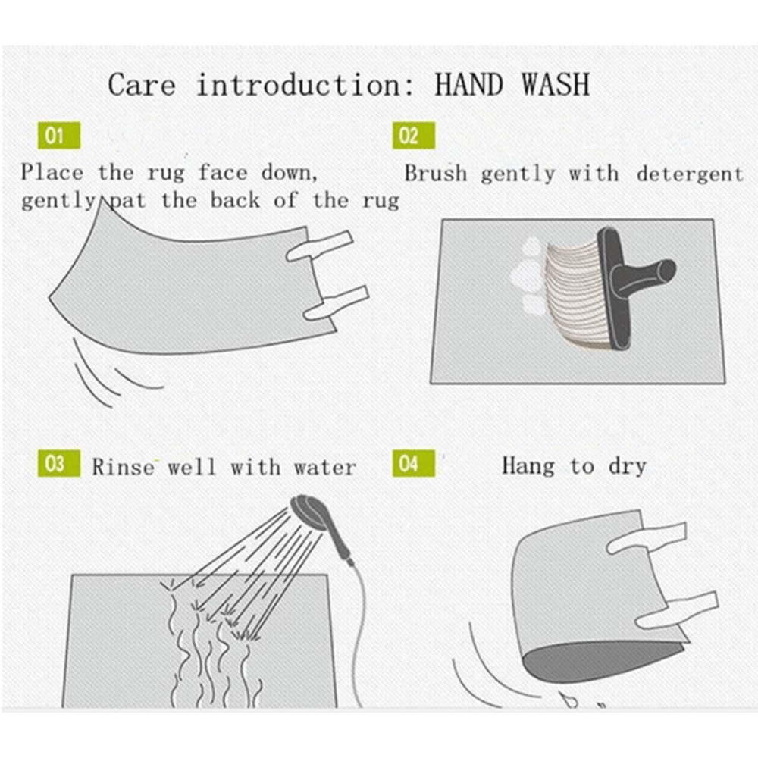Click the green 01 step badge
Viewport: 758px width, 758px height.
59,136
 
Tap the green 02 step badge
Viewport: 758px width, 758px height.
413,136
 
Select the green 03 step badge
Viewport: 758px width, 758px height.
59,463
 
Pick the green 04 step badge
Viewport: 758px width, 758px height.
413,463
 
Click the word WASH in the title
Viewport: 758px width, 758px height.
556,84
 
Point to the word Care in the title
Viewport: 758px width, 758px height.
141,85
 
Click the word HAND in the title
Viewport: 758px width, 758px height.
469,84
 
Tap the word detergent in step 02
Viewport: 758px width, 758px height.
689,174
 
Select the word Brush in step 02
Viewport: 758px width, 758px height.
436,173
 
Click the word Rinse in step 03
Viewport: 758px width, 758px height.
124,467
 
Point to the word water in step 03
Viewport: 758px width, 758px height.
325,468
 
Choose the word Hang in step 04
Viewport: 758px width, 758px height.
528,466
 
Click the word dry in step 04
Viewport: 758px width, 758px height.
628,466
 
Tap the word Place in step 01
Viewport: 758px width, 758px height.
52,173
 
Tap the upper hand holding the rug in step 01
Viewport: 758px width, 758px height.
320,245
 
